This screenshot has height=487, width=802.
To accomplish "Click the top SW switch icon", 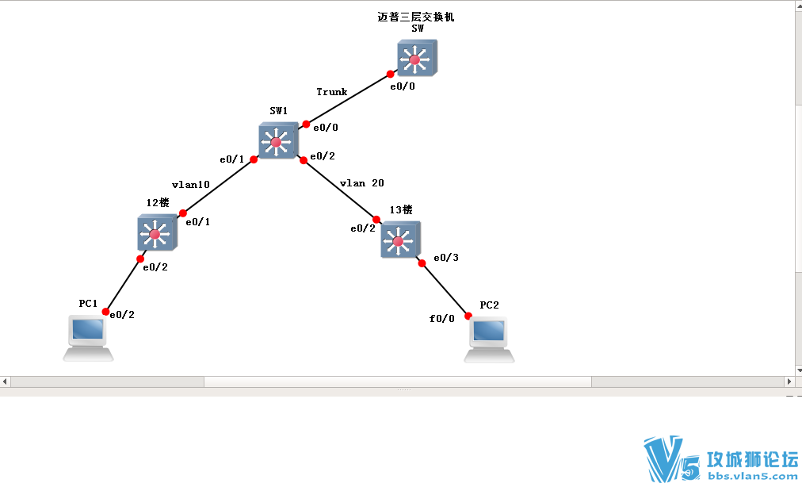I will (x=416, y=58).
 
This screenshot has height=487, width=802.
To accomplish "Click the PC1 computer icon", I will (x=88, y=337).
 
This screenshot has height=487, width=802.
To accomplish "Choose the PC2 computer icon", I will (x=488, y=338).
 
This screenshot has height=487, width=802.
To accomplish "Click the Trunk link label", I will (x=331, y=92).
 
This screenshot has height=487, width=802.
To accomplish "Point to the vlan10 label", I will (x=190, y=184).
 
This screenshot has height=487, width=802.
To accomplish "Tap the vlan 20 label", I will (x=361, y=182).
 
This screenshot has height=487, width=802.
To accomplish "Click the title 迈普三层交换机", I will (x=416, y=16).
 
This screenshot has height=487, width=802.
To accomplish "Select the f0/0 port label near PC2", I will (x=442, y=319).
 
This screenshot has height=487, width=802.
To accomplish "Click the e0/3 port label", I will (x=445, y=258).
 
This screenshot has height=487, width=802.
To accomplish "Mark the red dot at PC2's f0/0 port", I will (x=468, y=316).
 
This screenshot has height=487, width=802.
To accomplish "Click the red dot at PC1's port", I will (x=105, y=312).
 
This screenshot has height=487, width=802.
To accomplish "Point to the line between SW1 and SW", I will (x=349, y=99).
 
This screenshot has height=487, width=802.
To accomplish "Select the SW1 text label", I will (x=278, y=112).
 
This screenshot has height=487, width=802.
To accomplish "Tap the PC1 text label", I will (x=88, y=304).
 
